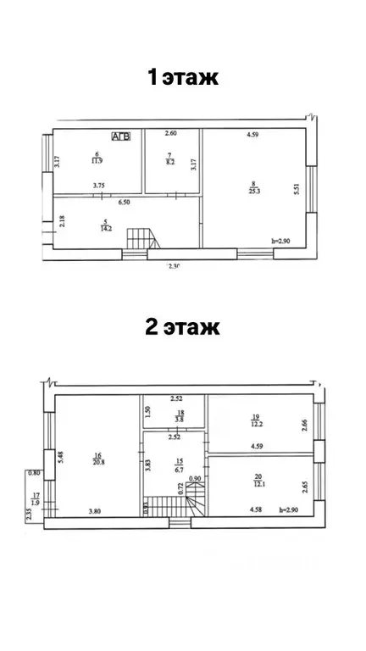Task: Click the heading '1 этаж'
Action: [x=183, y=78]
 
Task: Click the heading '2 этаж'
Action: [x=183, y=326]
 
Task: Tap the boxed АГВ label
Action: [x=120, y=136]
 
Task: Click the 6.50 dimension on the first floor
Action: [x=124, y=203]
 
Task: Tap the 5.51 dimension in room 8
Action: [x=297, y=191]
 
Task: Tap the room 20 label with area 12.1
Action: [x=257, y=480]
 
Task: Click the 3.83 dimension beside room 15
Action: [x=147, y=465]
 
